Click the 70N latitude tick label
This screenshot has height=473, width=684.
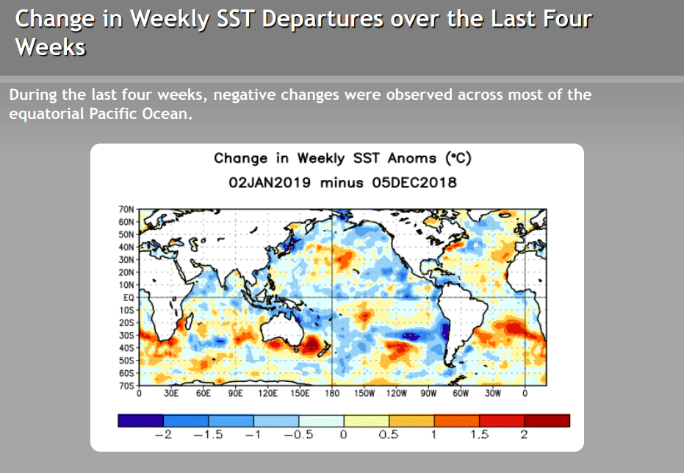click(x=126, y=209)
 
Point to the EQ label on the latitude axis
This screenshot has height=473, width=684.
click(x=129, y=297)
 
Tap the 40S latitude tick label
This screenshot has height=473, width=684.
click(x=126, y=347)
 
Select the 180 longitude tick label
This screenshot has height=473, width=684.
click(x=332, y=394)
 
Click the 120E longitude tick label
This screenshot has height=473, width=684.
click(x=268, y=394)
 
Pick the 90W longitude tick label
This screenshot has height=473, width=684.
click(x=428, y=394)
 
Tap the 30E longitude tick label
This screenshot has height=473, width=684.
click(x=171, y=394)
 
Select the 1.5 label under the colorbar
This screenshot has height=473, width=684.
click(x=479, y=436)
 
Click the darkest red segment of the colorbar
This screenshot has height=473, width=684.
click(x=547, y=420)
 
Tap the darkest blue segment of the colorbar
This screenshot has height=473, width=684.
click(x=140, y=420)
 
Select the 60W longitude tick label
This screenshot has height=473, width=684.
click(x=461, y=394)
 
